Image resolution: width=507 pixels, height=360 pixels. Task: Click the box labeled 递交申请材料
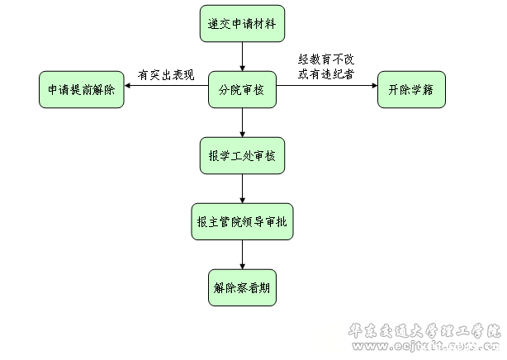(x=242, y=24)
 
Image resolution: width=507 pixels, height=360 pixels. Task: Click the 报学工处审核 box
(x=242, y=156)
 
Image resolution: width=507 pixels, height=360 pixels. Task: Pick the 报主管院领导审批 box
(x=242, y=222)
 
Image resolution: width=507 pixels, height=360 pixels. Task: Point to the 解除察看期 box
(x=242, y=288)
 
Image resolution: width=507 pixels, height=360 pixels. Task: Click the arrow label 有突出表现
(x=166, y=76)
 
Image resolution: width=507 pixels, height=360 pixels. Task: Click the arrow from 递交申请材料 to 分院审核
(x=242, y=56)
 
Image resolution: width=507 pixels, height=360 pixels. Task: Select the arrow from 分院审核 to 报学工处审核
(x=242, y=122)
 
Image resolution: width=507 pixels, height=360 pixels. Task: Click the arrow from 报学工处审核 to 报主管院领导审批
(x=242, y=188)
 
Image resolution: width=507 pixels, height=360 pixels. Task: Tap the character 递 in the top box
(x=216, y=24)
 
